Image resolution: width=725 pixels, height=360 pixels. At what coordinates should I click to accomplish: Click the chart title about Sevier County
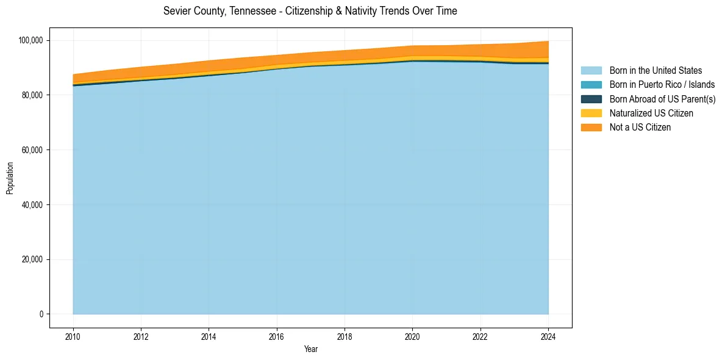pos(310,11)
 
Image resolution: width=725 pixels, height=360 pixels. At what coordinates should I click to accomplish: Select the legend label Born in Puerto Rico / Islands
pos(662,85)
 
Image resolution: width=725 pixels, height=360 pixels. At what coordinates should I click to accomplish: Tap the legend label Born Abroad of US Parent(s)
pos(662,99)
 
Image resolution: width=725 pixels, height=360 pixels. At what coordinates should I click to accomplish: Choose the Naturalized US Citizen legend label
pos(651,113)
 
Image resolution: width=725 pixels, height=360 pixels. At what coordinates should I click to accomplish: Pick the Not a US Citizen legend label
pos(640,128)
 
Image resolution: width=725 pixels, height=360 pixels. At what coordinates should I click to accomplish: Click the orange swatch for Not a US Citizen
pos(591,128)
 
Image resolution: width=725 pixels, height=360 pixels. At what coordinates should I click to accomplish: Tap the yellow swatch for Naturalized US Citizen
pos(591,113)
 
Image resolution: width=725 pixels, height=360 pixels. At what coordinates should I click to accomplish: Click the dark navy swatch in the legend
pos(591,99)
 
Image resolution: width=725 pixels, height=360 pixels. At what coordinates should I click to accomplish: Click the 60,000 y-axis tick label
pos(32,150)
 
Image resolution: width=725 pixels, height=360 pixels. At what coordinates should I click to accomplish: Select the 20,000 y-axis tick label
pos(32,259)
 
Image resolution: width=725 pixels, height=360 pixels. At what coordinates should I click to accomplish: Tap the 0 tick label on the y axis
pos(41,314)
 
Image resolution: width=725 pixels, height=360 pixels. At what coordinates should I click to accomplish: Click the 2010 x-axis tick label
pos(73,336)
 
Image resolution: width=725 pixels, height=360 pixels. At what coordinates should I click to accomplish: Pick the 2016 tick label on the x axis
pos(277,336)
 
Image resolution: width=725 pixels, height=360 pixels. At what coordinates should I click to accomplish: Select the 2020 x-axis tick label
pos(413,336)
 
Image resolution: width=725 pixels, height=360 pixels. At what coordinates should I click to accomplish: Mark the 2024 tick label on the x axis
pos(548,336)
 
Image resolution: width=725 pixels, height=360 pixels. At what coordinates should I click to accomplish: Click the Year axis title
pos(310,350)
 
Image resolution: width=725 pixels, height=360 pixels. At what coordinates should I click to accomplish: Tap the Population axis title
pos(10,178)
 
